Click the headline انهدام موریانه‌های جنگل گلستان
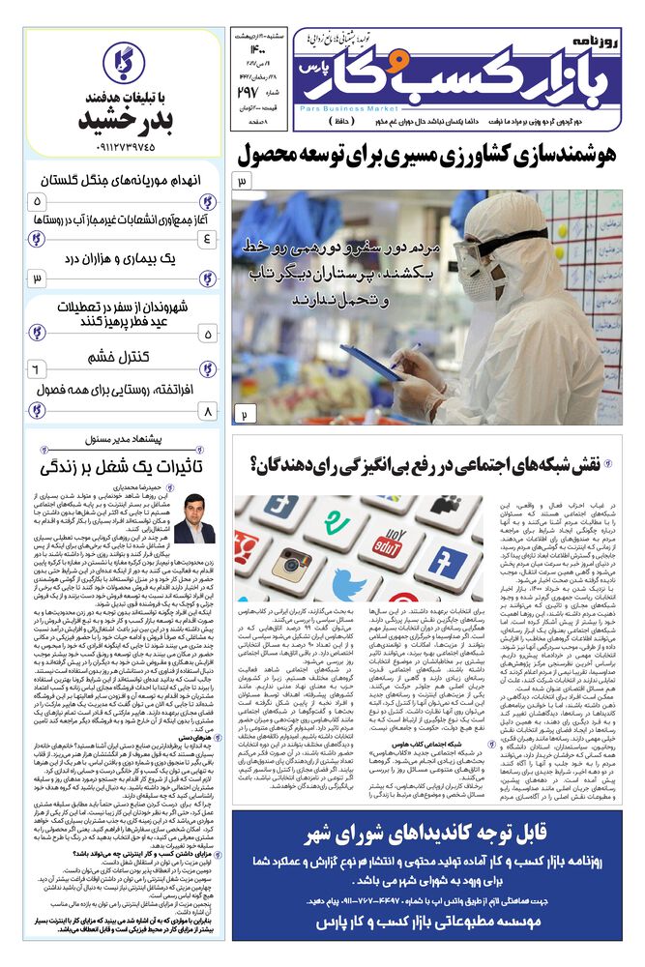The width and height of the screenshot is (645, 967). click(122, 180)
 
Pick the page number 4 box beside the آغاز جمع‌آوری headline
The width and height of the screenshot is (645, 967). click(209, 238)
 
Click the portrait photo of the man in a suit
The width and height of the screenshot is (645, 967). click(192, 517)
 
